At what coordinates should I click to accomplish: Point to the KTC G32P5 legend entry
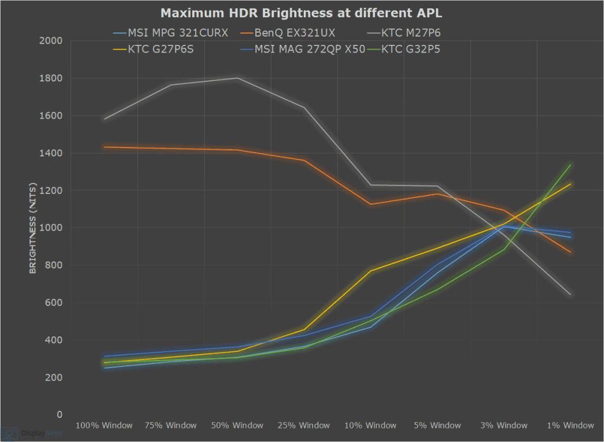[409, 49]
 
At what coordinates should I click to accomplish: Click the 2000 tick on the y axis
[51, 41]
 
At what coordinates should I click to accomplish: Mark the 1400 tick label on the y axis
[51, 153]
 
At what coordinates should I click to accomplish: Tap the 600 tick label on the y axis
[54, 303]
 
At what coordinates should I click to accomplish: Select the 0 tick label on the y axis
[60, 415]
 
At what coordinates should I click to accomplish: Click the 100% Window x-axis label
[104, 425]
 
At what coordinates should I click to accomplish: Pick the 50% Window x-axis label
[237, 425]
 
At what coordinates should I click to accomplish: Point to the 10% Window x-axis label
[370, 425]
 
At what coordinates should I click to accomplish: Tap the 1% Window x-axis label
[570, 425]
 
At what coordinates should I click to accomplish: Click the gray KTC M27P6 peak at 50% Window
[237, 78]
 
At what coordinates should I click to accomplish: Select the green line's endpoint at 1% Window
[570, 165]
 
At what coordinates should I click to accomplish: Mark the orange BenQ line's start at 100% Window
[104, 147]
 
